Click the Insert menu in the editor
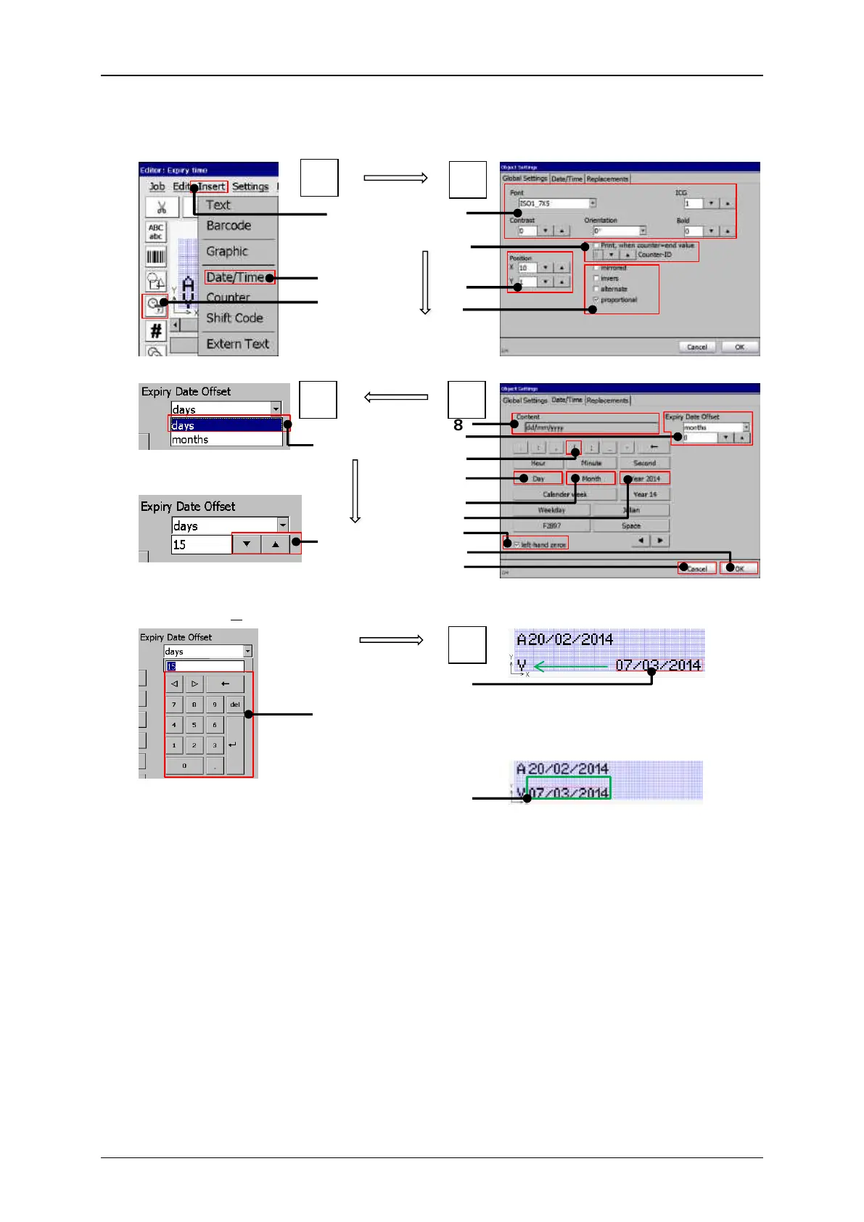[x=212, y=186]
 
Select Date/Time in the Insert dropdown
[x=235, y=277]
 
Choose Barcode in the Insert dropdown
[x=229, y=226]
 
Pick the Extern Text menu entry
[x=237, y=344]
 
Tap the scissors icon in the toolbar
[x=162, y=208]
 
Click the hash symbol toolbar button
[x=155, y=332]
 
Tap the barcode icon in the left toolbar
[x=156, y=257]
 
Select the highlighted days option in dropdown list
[x=226, y=425]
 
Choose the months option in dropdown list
[x=226, y=440]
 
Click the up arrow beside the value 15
[x=276, y=544]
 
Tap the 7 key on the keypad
[x=174, y=705]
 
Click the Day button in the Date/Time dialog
[x=538, y=479]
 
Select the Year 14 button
[x=645, y=494]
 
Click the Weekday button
[x=551, y=510]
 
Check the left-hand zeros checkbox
[x=517, y=544]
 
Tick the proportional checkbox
[x=596, y=300]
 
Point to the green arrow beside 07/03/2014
[x=572, y=665]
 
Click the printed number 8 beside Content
[x=458, y=425]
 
